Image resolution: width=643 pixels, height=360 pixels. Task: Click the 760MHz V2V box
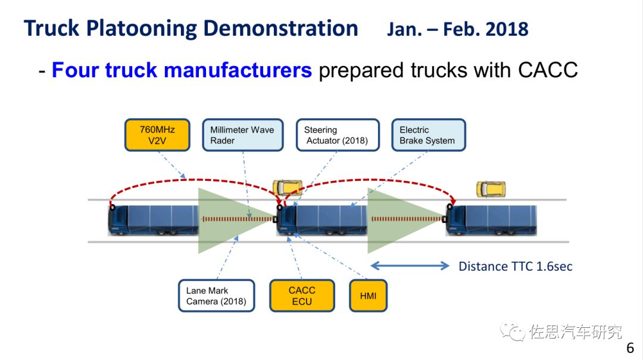(x=157, y=135)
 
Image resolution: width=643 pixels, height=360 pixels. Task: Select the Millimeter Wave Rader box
(x=242, y=135)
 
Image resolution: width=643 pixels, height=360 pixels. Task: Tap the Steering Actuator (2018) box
(x=337, y=135)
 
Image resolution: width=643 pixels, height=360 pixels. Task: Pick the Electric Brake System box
(x=428, y=135)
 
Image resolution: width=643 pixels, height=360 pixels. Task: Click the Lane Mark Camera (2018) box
(x=216, y=296)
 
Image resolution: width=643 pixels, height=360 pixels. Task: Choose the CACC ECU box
(x=301, y=296)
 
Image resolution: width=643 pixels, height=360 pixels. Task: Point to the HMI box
(x=368, y=296)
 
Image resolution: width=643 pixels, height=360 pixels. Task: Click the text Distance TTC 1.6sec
(x=515, y=267)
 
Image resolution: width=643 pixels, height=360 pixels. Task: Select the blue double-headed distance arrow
(x=410, y=266)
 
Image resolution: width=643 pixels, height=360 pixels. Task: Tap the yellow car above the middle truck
(x=286, y=188)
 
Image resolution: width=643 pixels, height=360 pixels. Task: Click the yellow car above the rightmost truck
(x=491, y=189)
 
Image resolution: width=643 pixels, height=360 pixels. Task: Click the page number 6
(x=630, y=348)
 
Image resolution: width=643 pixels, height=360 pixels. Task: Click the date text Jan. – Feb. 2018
(x=457, y=29)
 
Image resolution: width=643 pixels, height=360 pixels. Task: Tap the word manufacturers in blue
(x=208, y=70)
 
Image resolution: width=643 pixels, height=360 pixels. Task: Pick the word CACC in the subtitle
(x=548, y=70)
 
